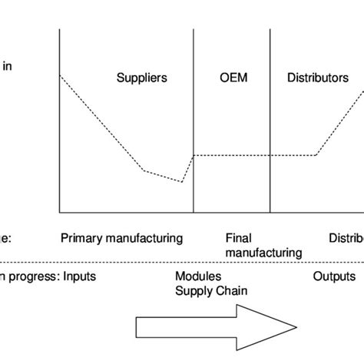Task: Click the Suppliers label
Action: click(x=142, y=78)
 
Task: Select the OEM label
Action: click(x=231, y=78)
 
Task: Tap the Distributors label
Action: click(x=317, y=78)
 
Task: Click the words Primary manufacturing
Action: click(x=121, y=238)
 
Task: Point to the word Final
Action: click(x=239, y=238)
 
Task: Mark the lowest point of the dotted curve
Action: click(x=182, y=182)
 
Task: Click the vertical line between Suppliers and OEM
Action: click(x=193, y=115)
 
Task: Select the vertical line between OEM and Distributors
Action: click(x=270, y=115)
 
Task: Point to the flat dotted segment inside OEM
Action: click(x=231, y=156)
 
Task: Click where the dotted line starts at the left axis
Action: click(x=60, y=75)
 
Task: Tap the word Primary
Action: click(x=81, y=238)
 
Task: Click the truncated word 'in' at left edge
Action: click(x=7, y=66)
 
